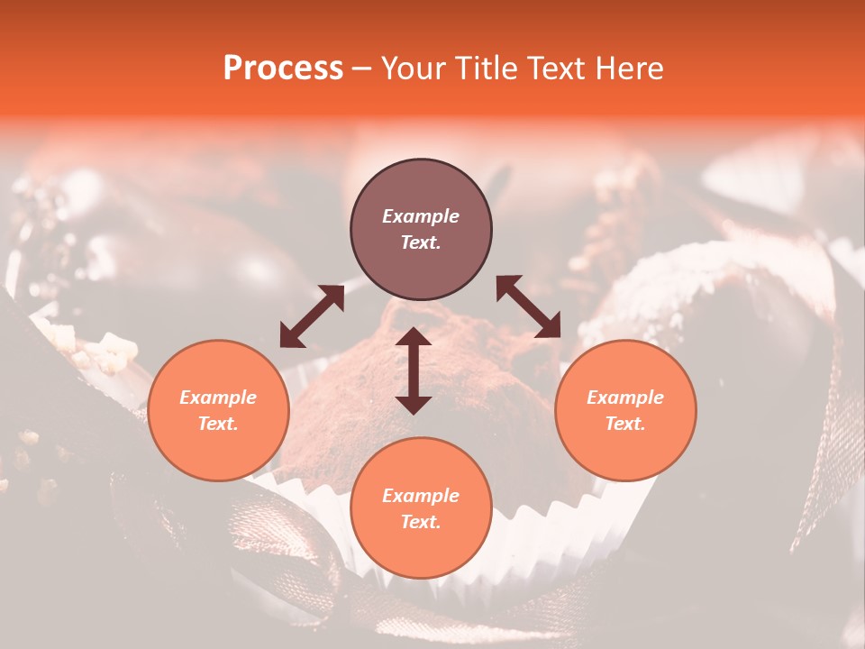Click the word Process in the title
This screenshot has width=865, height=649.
tap(283, 69)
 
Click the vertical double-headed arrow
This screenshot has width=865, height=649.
tap(414, 370)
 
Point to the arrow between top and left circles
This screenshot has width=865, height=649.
tap(312, 316)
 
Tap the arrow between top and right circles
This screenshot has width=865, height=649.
tap(528, 306)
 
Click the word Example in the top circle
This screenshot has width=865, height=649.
tap(421, 216)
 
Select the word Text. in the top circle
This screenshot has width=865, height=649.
tap(421, 242)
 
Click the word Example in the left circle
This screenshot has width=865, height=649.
tap(218, 398)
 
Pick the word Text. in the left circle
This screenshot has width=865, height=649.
tap(218, 424)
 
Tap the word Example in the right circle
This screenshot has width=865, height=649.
tap(625, 398)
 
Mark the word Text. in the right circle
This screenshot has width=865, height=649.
tap(625, 424)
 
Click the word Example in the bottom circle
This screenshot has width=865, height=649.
tap(421, 496)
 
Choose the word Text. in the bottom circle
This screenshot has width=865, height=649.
tap(421, 522)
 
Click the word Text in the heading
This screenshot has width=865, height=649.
tap(559, 69)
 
